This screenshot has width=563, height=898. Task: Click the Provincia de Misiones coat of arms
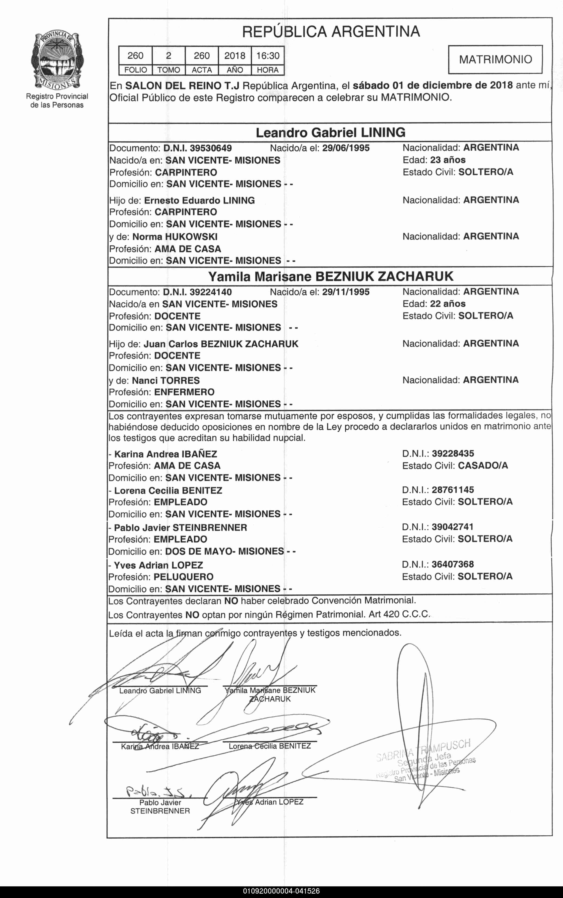[57, 60]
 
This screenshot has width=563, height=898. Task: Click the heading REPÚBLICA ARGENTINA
[331, 32]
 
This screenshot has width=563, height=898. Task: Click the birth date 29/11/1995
[346, 292]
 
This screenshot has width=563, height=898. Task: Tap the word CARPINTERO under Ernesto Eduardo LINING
[186, 212]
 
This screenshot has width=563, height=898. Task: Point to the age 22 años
[448, 304]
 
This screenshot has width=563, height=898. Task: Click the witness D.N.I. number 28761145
[453, 490]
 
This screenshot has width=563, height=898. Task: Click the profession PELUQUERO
[184, 577]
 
